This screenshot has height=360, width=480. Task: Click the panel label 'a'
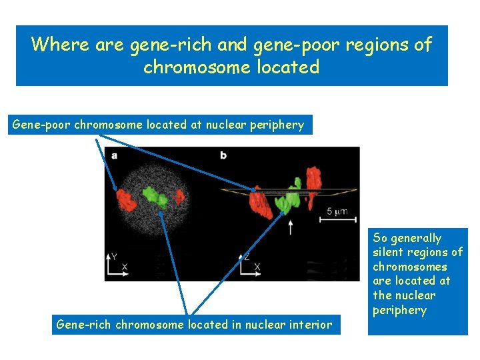115,155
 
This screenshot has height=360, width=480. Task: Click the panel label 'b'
223,155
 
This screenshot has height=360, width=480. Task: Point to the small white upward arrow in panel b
290,227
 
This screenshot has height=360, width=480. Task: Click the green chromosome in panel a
155,195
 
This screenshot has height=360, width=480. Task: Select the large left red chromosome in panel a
125,198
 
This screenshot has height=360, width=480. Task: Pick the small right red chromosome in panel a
179,196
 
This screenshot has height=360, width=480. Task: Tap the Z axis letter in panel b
247,255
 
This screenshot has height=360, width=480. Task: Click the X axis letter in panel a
125,267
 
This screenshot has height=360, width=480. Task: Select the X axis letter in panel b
257,267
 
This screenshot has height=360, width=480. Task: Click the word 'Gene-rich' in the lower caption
84,325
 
